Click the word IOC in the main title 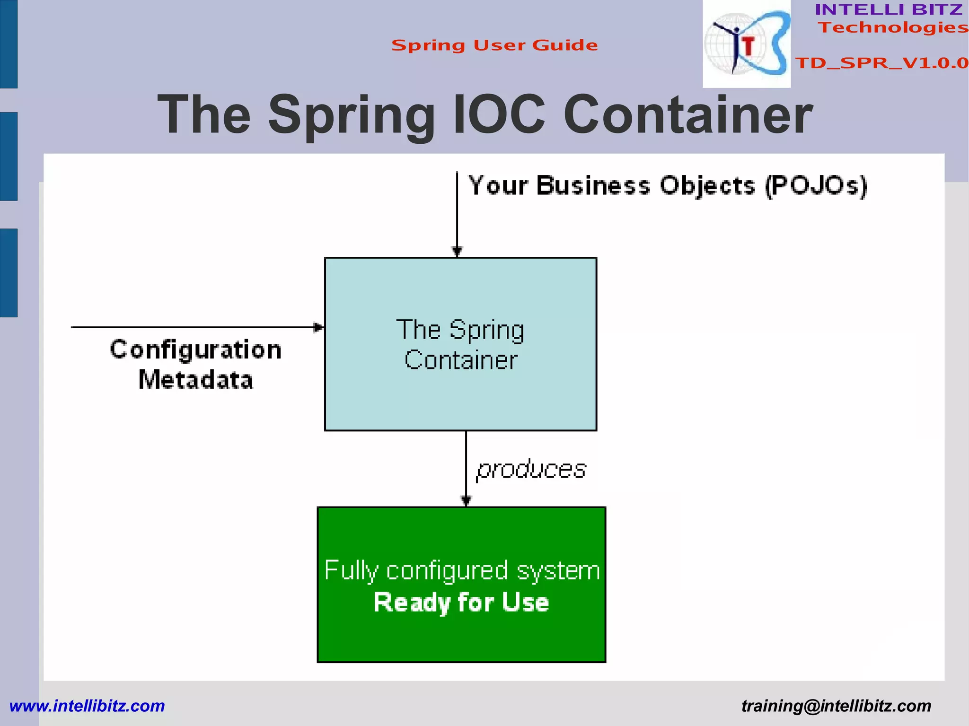[499, 115]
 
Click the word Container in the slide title [688, 115]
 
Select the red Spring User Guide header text [494, 45]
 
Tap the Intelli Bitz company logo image [746, 44]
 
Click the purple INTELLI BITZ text [889, 9]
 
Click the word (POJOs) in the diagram [816, 186]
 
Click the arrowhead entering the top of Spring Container [457, 251]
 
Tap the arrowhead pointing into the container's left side [319, 327]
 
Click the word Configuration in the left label [196, 350]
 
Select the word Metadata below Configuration [196, 380]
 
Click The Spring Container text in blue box [460, 344]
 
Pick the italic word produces [531, 469]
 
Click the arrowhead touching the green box [466, 500]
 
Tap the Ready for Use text [461, 603]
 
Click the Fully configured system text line [462, 570]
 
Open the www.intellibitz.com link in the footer [87, 706]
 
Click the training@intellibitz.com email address [836, 706]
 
